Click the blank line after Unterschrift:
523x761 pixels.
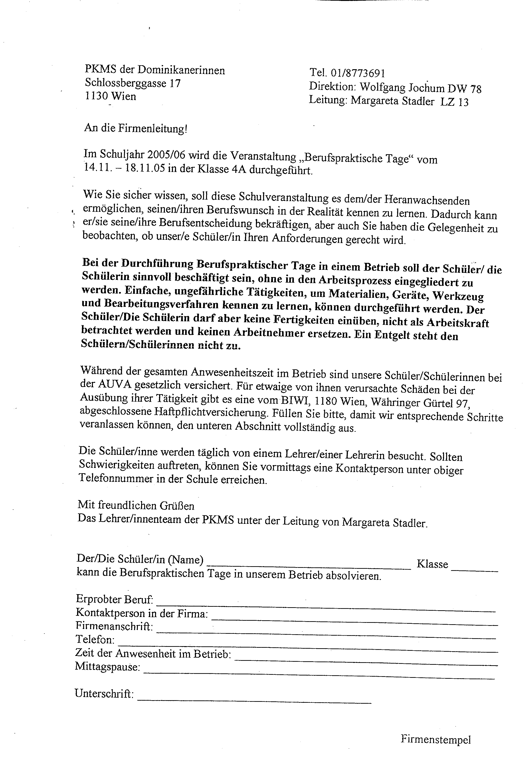(254, 702)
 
